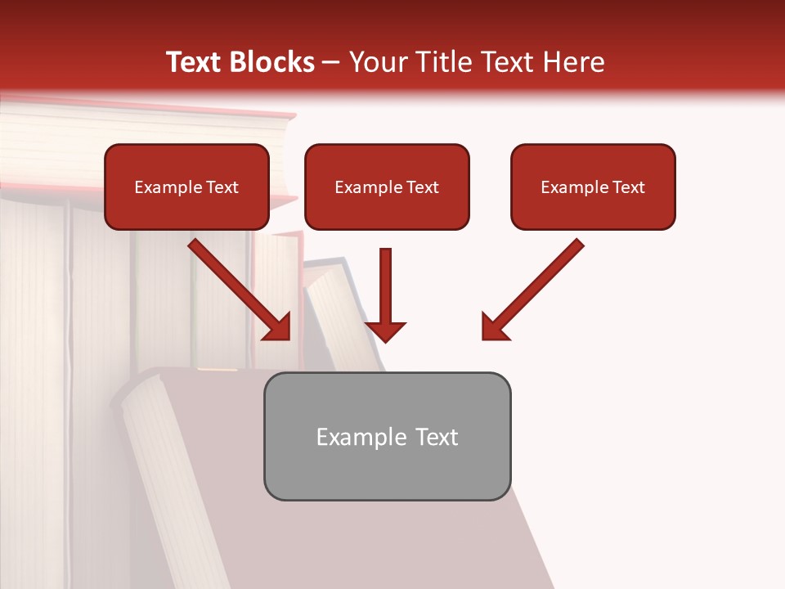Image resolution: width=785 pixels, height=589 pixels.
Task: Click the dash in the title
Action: tap(331, 63)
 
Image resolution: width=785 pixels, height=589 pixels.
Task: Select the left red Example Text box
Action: tap(186, 187)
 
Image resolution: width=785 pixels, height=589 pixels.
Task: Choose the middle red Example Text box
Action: tap(387, 187)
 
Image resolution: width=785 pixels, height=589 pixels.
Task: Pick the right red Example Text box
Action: tap(593, 187)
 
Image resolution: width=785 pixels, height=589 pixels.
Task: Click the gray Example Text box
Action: tap(387, 437)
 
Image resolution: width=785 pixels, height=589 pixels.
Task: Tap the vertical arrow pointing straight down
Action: tap(385, 290)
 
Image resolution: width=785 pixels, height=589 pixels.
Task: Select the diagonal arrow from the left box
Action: tap(237, 287)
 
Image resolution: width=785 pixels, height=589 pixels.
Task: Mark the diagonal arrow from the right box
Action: tap(536, 287)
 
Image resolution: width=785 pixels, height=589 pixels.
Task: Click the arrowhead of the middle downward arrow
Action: tap(385, 331)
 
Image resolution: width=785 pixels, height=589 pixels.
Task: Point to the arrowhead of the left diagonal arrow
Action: tap(280, 329)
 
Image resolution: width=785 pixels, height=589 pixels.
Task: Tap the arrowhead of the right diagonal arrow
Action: tap(493, 329)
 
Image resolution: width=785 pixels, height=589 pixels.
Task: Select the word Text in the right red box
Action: tap(629, 187)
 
